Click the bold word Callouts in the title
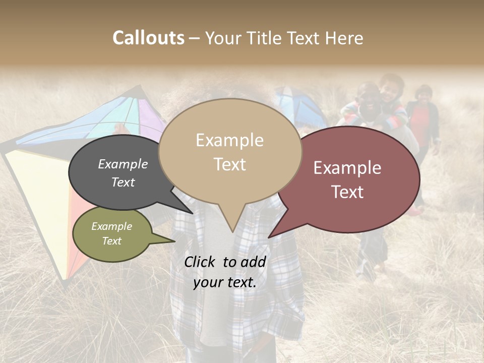(x=148, y=38)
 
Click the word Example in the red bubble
(x=347, y=168)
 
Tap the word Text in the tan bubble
(x=230, y=164)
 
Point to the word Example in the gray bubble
(x=123, y=164)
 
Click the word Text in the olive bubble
(x=112, y=241)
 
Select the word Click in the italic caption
(x=201, y=262)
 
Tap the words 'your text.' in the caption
(x=225, y=283)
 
